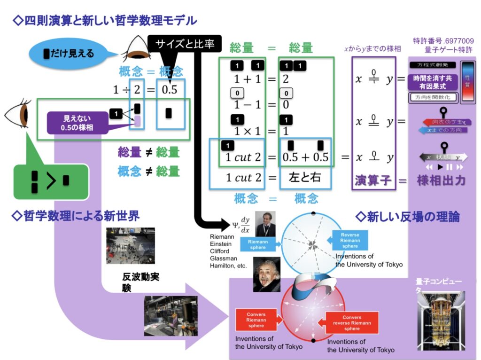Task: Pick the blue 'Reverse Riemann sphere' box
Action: [349, 240]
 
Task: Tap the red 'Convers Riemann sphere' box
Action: [256, 320]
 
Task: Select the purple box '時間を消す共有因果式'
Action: [433, 82]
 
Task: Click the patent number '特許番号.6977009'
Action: [443, 41]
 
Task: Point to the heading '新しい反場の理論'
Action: [408, 217]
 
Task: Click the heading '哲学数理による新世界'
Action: [76, 216]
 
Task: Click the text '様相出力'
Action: [441, 180]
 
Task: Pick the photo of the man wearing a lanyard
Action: [265, 224]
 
